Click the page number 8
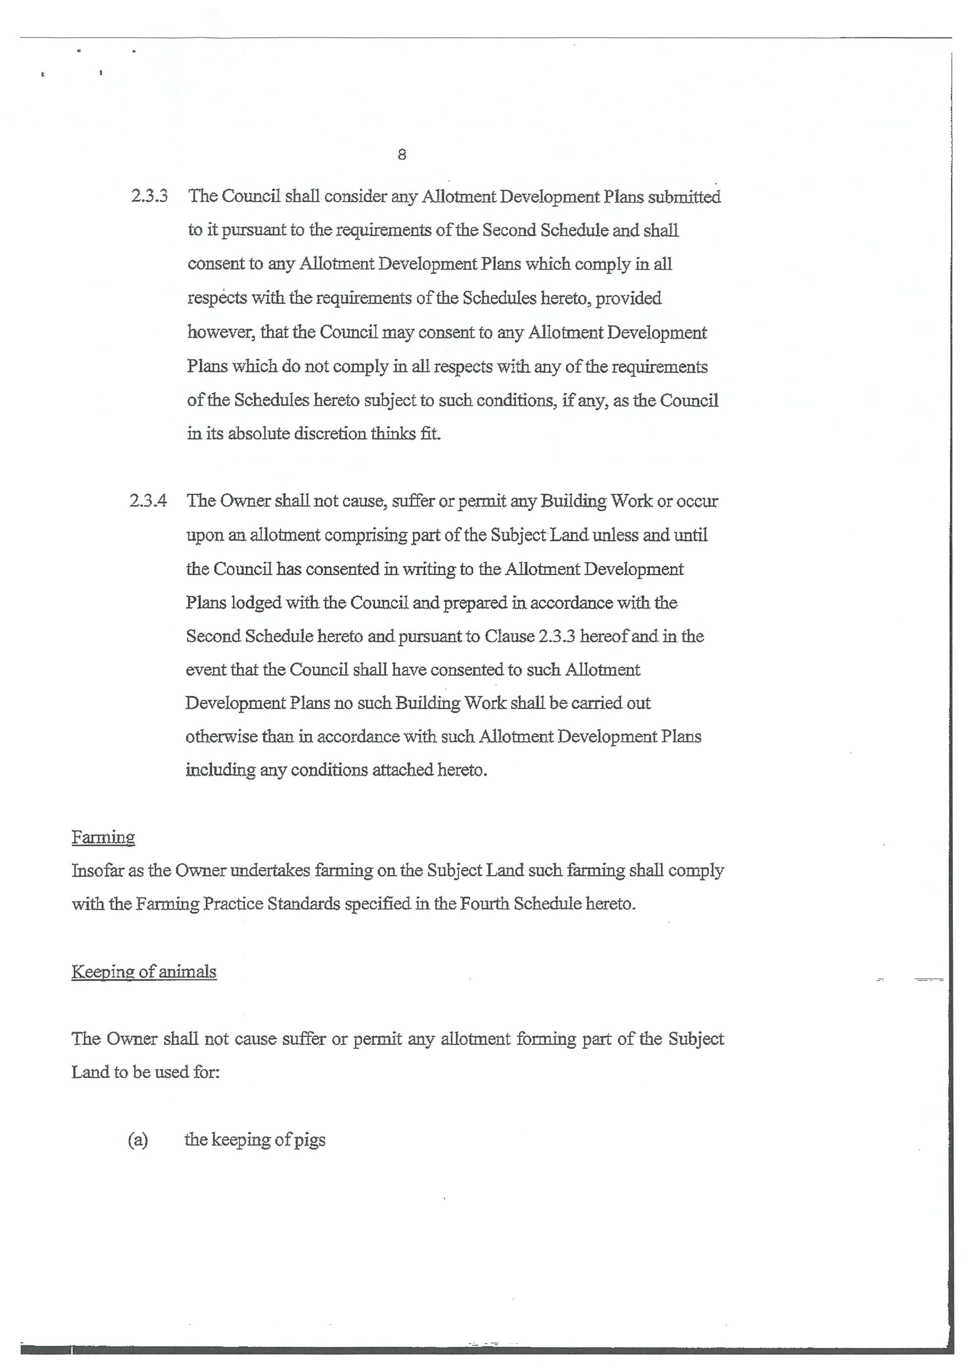pos(402,154)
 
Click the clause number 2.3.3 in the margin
pos(149,196)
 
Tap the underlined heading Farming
pos(103,837)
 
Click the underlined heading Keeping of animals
pos(144,971)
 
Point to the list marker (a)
pos(138,1140)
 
